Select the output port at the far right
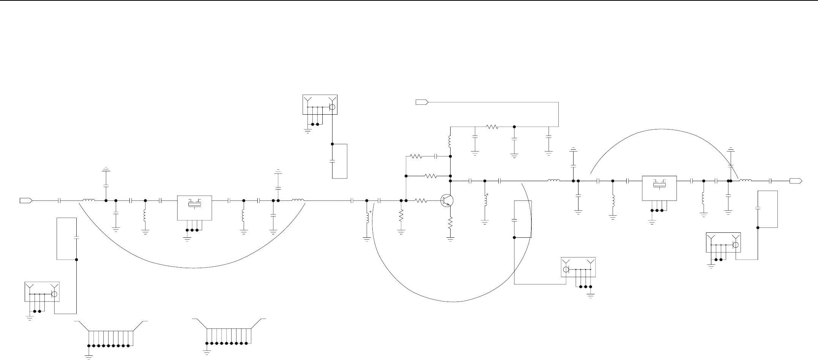coord(796,181)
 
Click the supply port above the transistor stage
coord(422,102)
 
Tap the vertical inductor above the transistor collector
coord(450,142)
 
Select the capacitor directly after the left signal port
coord(59,201)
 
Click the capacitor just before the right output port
coord(771,181)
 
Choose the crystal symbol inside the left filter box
coord(194,205)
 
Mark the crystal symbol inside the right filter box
coord(659,185)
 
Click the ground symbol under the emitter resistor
coord(450,239)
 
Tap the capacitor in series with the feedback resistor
coord(436,156)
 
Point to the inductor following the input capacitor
coord(89,200)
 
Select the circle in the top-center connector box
coord(332,107)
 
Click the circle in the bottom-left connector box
coord(54,294)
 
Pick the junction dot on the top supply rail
coord(514,127)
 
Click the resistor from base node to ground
coord(401,216)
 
